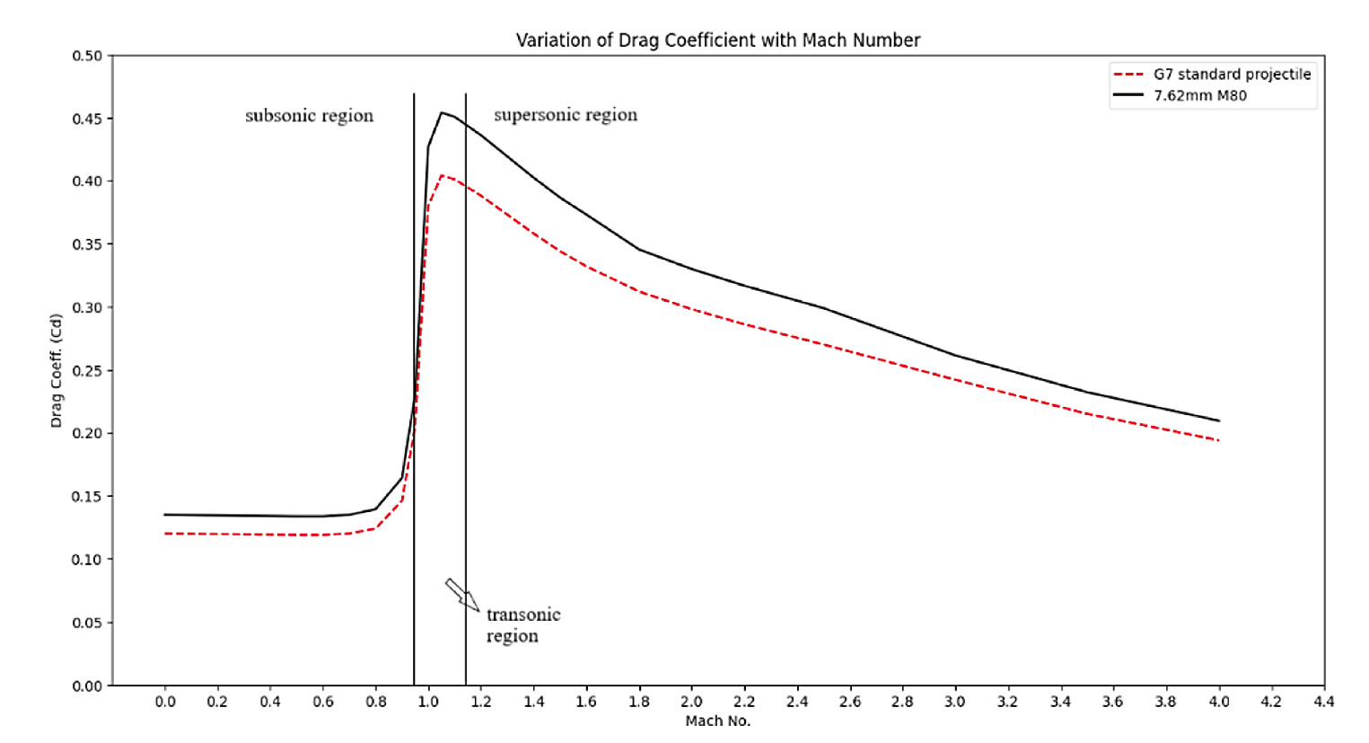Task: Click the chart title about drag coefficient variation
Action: (717, 40)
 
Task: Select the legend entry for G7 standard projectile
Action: (1232, 75)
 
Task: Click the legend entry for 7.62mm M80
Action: (1199, 95)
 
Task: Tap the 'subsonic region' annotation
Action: (309, 116)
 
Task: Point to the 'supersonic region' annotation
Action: (566, 115)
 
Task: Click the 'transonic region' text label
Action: (522, 625)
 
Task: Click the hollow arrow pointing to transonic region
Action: (461, 595)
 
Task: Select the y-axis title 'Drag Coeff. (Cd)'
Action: (57, 370)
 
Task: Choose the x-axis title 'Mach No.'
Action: (717, 721)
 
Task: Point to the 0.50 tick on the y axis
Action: (87, 56)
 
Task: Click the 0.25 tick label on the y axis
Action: (87, 370)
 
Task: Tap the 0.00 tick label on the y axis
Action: (87, 686)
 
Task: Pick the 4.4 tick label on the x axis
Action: (1323, 702)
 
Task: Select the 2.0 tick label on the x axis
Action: (691, 702)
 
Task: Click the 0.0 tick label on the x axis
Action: (165, 702)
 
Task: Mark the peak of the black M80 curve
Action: (442, 112)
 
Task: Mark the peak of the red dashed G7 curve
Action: (442, 175)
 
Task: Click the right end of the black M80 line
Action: (1218, 420)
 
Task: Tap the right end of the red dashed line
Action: (1218, 440)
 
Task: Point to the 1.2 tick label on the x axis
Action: (481, 702)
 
